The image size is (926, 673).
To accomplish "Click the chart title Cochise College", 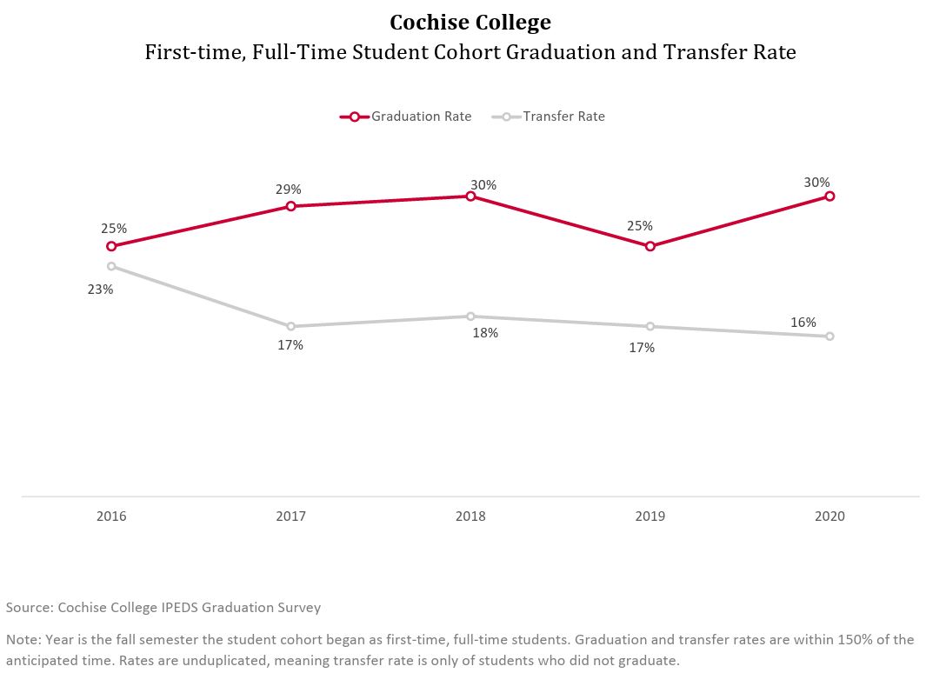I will pyautogui.click(x=470, y=22).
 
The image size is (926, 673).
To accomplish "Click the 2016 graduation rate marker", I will pyautogui.click(x=111, y=246).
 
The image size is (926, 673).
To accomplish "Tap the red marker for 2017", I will pyautogui.click(x=291, y=206).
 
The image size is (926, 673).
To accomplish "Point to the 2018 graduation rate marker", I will pyautogui.click(x=470, y=197).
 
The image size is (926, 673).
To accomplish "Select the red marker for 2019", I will pyautogui.click(x=650, y=246).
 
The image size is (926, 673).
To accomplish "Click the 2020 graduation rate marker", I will pyautogui.click(x=829, y=197).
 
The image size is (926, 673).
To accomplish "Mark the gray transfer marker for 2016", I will pyautogui.click(x=111, y=266).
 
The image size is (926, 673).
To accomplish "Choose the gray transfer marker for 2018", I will pyautogui.click(x=470, y=317).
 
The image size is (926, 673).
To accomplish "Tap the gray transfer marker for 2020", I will pyautogui.click(x=829, y=336).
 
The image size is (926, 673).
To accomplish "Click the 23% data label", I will pyautogui.click(x=100, y=290).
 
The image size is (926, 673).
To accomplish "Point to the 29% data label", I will pyautogui.click(x=289, y=189).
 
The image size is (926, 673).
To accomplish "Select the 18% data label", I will pyautogui.click(x=485, y=333).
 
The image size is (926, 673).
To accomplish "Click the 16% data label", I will pyautogui.click(x=803, y=323).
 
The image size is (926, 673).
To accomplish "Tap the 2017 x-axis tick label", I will pyautogui.click(x=291, y=516).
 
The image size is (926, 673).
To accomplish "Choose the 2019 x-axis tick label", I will pyautogui.click(x=650, y=516).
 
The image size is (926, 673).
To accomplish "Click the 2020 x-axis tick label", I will pyautogui.click(x=829, y=516).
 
